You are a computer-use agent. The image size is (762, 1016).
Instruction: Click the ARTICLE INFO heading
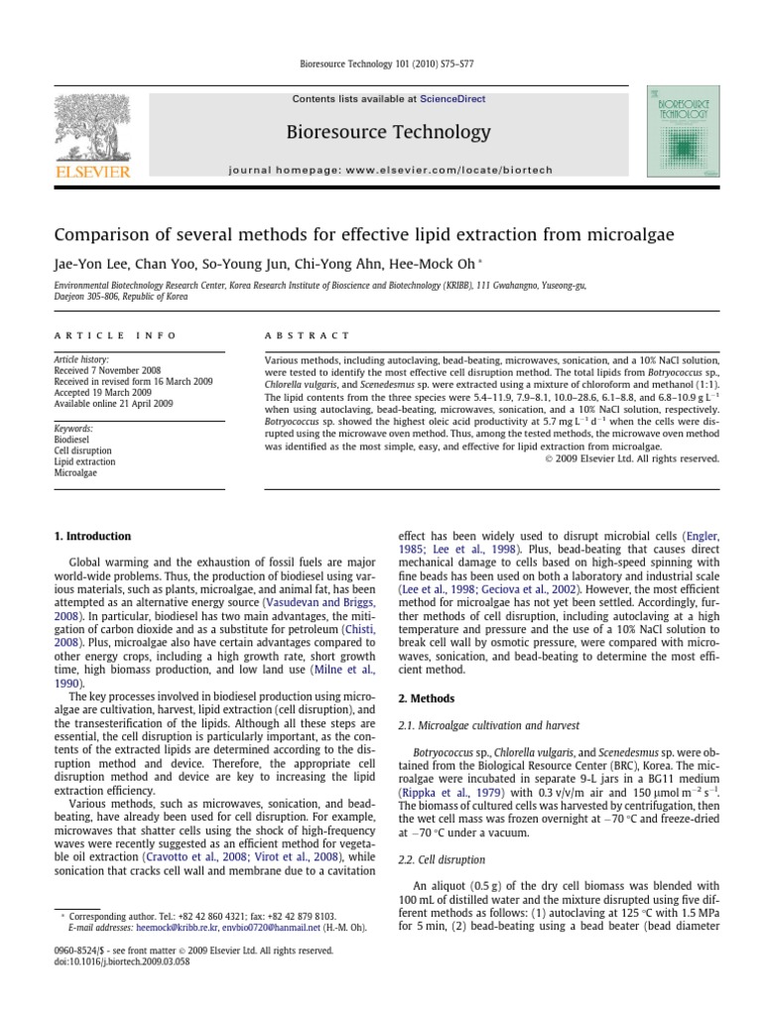[115, 335]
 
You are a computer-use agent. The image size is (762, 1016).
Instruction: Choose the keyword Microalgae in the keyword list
[74, 472]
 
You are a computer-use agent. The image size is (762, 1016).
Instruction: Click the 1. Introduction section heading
[91, 536]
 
